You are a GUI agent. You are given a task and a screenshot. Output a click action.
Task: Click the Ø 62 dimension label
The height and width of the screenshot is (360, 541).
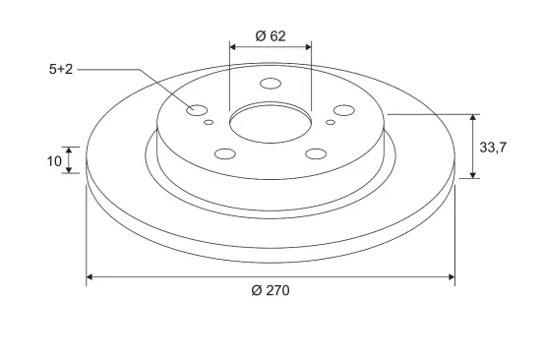click(x=270, y=35)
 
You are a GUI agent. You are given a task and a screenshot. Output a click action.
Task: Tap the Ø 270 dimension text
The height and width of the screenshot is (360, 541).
click(x=270, y=290)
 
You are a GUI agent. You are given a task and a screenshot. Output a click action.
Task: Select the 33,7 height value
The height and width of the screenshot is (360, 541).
click(x=493, y=148)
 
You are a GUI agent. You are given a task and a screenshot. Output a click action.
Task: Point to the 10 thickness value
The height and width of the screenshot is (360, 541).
click(x=54, y=161)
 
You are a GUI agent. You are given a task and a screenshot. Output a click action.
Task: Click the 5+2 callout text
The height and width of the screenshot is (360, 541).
click(x=61, y=70)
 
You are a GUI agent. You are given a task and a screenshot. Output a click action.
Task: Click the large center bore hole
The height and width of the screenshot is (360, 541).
click(x=270, y=123)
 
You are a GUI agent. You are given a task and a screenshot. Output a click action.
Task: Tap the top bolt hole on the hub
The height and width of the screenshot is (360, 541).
click(x=270, y=84)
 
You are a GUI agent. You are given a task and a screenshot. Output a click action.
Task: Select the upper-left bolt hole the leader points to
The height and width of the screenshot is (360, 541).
click(x=197, y=110)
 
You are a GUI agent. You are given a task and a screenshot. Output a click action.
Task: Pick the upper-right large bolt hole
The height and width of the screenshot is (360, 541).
click(x=344, y=110)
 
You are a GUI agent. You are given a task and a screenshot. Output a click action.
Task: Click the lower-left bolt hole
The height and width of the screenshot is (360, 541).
click(x=225, y=153)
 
